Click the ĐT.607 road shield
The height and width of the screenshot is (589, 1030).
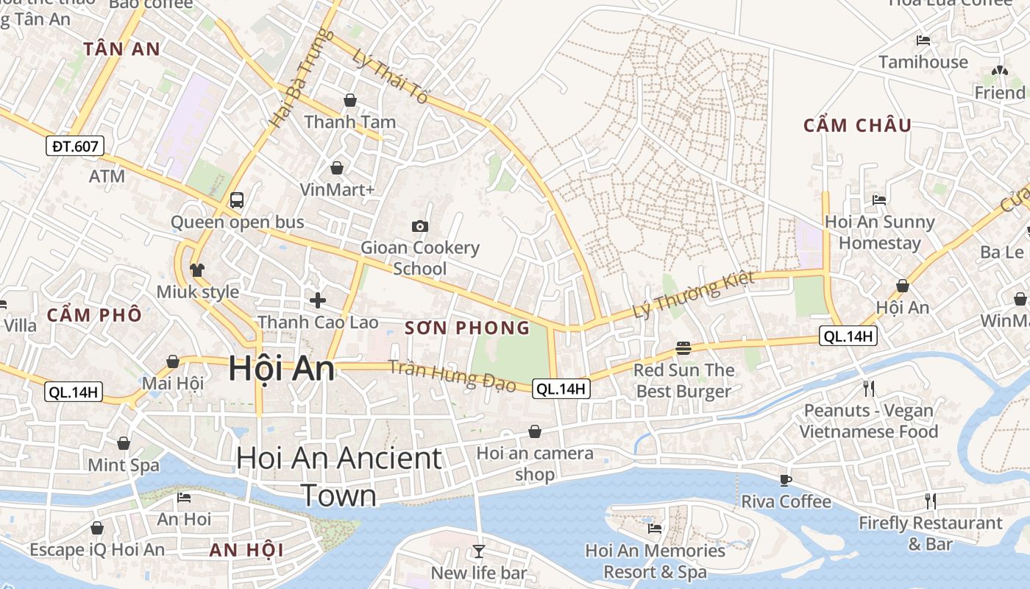point(75,146)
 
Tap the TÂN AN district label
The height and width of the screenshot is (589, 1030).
point(121,49)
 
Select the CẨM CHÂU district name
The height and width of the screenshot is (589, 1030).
point(857,125)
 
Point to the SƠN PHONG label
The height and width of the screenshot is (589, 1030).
point(467,328)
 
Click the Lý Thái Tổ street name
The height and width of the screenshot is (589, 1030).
point(390,76)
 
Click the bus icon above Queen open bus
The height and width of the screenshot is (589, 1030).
point(237,200)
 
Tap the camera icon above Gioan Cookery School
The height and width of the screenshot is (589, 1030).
point(420,226)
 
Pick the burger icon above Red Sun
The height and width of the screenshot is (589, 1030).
point(683,348)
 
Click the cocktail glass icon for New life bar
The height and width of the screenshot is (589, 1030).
point(479,551)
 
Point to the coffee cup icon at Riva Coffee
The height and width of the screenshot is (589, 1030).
point(786,480)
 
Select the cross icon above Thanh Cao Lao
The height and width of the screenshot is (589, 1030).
point(318,300)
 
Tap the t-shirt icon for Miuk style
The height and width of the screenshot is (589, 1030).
point(196,270)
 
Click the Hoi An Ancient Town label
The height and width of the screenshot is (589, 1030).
point(339,476)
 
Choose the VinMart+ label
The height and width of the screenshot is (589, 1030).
point(338,189)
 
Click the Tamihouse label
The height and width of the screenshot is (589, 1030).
point(923,62)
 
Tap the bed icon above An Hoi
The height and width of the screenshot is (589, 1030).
point(184,498)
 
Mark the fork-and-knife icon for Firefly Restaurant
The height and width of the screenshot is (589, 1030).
point(931,501)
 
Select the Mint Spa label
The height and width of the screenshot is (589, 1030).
point(124,465)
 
